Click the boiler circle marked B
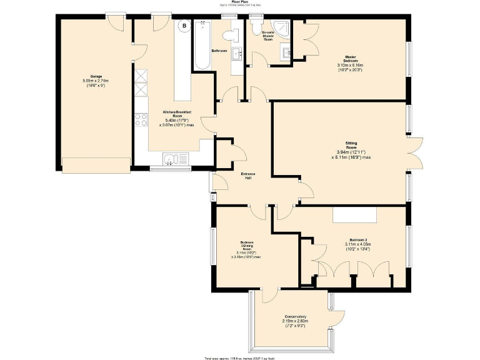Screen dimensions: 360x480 185,26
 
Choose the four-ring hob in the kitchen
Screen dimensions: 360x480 141,119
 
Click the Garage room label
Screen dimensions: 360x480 96,81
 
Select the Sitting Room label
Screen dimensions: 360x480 351,150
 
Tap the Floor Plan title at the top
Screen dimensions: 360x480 239,2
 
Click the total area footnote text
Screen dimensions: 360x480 239,357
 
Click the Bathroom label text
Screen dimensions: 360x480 219,51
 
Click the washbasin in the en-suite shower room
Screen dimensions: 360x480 286,53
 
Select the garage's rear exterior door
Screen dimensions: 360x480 115,20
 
